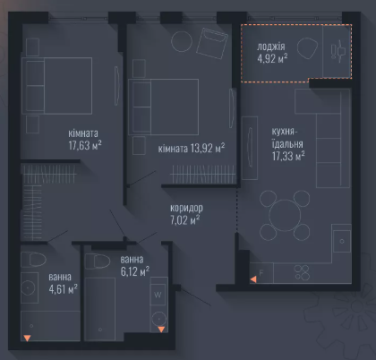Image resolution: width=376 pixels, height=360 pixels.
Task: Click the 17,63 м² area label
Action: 85,145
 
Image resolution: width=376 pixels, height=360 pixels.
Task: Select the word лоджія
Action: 271,47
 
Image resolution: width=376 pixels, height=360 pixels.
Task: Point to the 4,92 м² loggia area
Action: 272,58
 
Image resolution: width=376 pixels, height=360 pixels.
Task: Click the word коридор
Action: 186,208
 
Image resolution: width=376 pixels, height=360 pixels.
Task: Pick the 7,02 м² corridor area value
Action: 185,220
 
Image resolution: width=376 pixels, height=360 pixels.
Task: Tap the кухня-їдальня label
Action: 287,138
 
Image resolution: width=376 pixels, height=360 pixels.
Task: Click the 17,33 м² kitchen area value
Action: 288,156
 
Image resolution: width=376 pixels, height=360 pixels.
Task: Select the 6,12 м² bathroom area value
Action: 135,271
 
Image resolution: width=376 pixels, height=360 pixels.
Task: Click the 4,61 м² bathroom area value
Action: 63,289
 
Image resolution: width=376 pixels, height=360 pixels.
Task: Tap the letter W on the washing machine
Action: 158,295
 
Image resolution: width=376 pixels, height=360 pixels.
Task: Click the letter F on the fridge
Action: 261,273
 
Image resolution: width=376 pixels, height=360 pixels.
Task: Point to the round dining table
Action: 285,215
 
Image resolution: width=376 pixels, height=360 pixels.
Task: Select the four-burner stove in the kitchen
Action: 302,273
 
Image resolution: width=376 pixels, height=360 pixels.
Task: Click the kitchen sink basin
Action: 342,242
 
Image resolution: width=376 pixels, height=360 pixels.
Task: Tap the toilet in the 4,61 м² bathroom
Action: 33,260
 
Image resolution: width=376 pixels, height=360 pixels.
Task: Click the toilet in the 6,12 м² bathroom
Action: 98,261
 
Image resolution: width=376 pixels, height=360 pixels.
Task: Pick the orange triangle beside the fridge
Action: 253,279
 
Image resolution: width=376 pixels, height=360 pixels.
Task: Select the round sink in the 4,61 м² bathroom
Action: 28,287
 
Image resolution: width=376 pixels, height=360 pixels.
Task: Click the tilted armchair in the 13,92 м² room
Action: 212,44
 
